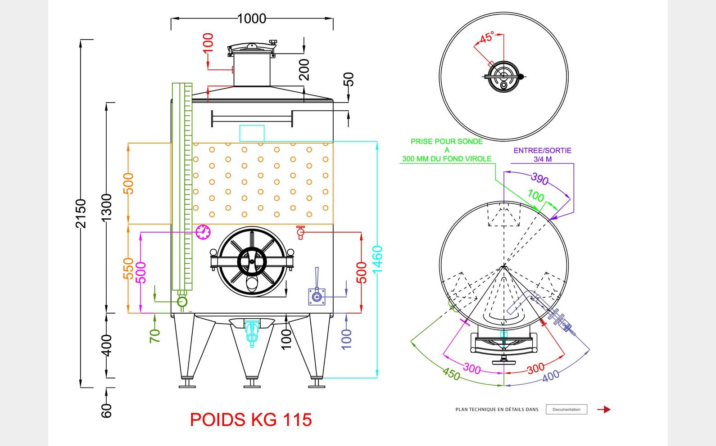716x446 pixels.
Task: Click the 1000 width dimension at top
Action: coord(251,18)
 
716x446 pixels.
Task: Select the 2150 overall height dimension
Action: coord(81,213)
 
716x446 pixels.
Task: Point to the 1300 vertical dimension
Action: coord(106,207)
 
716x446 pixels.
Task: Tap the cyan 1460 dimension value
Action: coord(377,259)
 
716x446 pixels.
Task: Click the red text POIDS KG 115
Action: coord(251,419)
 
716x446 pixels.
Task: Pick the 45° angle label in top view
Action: coord(487,38)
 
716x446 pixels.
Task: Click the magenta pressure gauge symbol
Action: coord(203,232)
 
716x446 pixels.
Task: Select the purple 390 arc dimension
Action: coord(539,179)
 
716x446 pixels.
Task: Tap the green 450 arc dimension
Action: coord(451,374)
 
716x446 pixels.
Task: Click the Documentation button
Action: coord(566,410)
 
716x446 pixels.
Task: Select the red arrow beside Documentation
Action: coord(604,410)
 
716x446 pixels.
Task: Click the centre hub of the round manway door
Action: coord(252,261)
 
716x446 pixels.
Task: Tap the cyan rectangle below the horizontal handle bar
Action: coord(252,133)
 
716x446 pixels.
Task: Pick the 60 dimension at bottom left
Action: coord(106,410)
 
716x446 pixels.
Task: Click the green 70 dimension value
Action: coord(154,336)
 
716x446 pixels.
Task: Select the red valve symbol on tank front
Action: coord(301,232)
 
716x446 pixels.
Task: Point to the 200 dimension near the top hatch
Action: coord(304,69)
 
